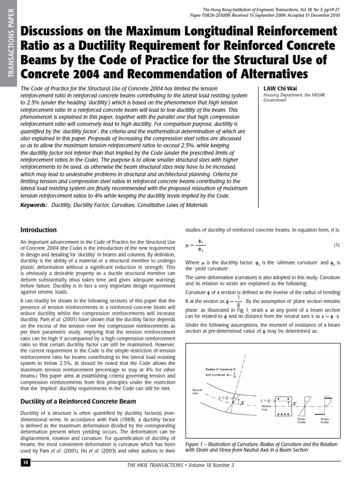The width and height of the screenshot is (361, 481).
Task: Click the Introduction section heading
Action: (39, 230)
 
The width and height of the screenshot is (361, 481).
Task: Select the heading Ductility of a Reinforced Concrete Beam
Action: (78, 401)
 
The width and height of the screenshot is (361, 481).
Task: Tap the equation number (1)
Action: (336, 245)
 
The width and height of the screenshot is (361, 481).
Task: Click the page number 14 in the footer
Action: (25, 463)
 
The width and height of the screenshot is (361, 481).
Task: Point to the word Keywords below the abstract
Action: (34, 205)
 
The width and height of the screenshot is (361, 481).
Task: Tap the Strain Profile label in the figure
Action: (302, 420)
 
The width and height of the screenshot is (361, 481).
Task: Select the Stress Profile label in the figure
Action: (324, 420)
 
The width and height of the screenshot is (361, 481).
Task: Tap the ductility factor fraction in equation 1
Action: (200, 245)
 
